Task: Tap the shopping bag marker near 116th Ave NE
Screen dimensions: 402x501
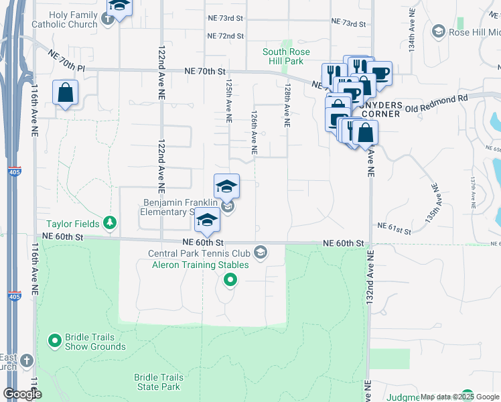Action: coord(65,94)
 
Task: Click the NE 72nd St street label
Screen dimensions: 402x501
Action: coord(224,36)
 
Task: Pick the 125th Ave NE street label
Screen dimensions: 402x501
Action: coord(228,102)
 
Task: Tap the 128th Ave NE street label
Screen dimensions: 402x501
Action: coord(287,106)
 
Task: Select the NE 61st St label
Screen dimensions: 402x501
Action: coord(394,230)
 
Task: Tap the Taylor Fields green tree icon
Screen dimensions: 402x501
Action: coord(111,223)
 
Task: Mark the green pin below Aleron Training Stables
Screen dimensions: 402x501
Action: coord(230,281)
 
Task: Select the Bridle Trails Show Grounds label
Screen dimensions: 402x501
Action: coord(95,342)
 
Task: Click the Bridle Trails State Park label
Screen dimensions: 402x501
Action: coord(157,382)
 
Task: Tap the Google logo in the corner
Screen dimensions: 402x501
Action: coord(21,394)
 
